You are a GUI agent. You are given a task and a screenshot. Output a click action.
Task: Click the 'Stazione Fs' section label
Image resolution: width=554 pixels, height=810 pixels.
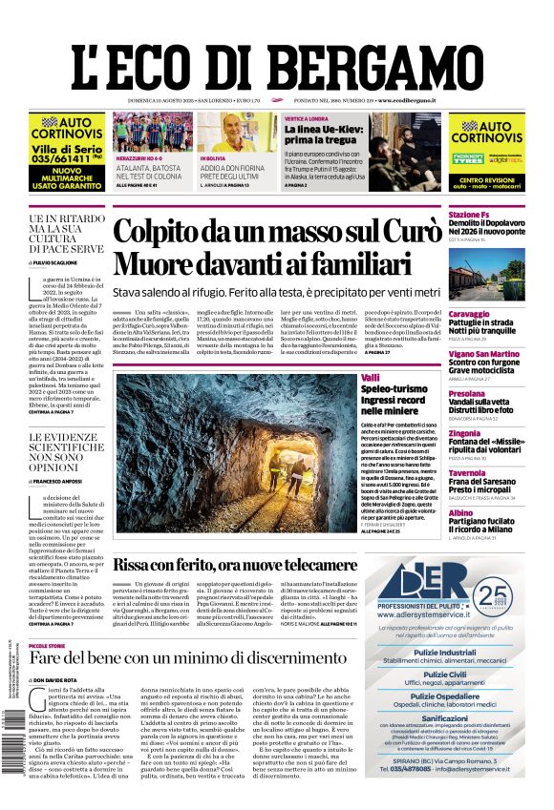(471, 215)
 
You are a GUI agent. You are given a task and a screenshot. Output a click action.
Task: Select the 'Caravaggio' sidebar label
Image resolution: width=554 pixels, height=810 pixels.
(469, 314)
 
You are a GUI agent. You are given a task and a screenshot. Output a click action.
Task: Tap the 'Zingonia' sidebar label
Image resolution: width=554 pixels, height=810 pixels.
(464, 433)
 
